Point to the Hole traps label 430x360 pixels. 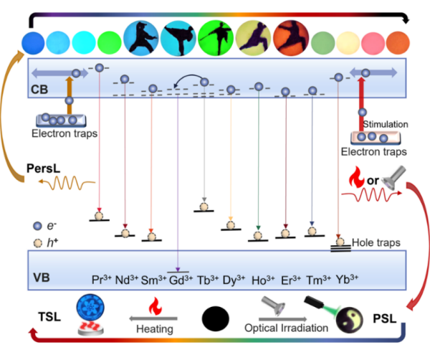tap(375, 242)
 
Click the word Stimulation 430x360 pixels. tap(387, 124)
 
